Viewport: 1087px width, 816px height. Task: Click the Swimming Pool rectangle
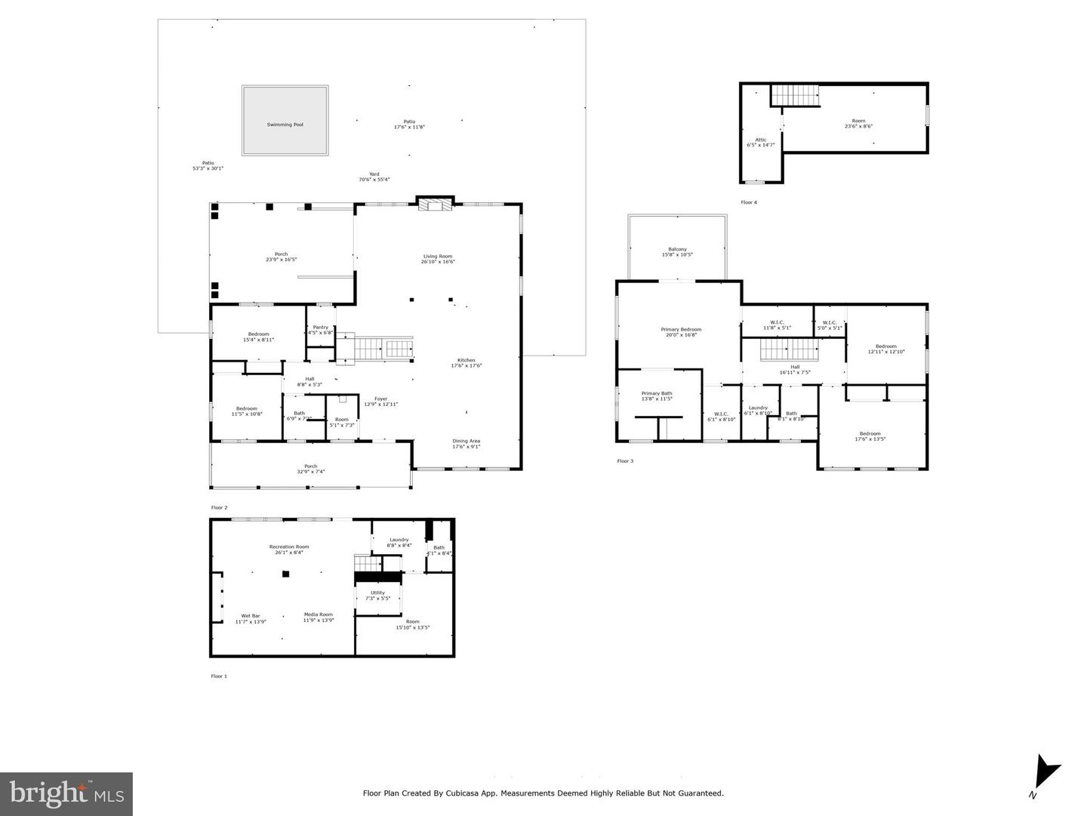pos(285,120)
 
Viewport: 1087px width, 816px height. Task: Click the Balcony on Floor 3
pos(677,252)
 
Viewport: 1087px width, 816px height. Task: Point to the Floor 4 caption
pos(748,202)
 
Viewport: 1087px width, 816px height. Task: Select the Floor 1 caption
pos(218,676)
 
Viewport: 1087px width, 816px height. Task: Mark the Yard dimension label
pos(374,177)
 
